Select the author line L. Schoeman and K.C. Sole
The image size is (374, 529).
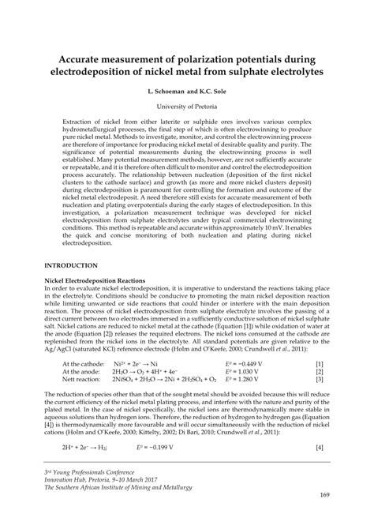(x=187, y=92)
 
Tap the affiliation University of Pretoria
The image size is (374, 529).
(x=187, y=106)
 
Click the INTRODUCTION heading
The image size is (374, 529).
(x=71, y=266)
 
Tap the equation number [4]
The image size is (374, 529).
(x=319, y=447)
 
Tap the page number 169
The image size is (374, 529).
(x=325, y=517)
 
